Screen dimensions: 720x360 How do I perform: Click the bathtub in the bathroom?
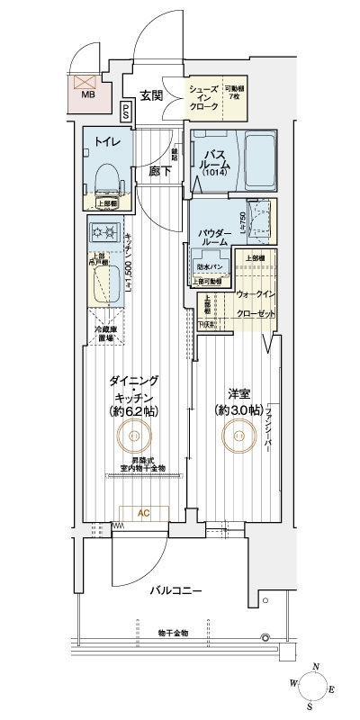[x=259, y=159]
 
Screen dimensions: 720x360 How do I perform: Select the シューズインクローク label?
[x=203, y=97]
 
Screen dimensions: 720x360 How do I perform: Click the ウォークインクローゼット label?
[x=256, y=301]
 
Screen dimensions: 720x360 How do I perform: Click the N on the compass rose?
[x=314, y=667]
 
